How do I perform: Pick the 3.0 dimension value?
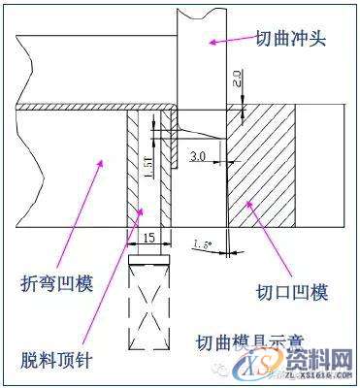coord(198,155)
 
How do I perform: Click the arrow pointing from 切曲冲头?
coord(230,41)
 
